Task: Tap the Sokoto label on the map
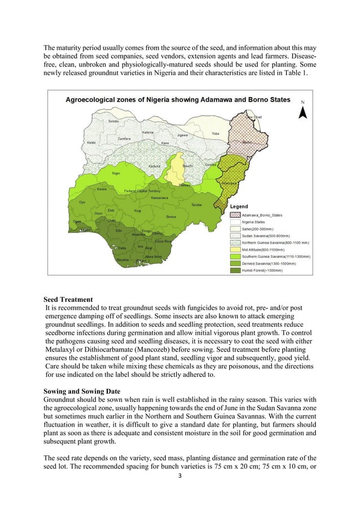[113, 121]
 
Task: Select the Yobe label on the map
[215, 134]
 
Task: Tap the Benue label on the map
[170, 217]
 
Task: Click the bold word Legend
[241, 207]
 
